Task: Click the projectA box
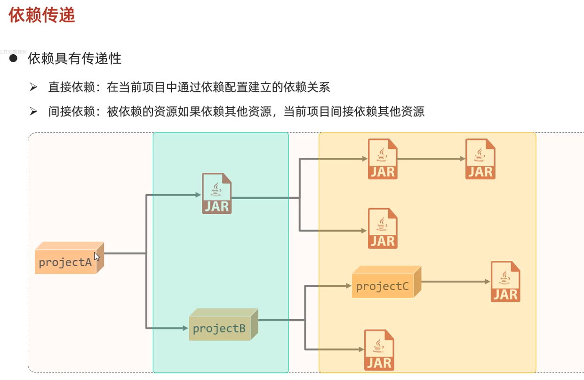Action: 66,261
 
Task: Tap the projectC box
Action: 383,285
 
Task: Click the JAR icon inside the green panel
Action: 217,194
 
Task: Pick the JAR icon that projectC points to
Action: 505,282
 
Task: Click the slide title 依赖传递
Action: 42,15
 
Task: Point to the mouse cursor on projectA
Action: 96,257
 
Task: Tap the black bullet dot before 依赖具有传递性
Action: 13,58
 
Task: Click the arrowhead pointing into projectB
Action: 185,328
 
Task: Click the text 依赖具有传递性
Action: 74,58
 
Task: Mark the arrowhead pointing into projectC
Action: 348,285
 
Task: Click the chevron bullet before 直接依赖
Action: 33,87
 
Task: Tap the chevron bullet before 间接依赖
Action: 33,112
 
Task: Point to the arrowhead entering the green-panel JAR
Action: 198,194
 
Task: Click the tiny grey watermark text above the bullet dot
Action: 13,51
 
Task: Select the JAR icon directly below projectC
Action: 379,350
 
